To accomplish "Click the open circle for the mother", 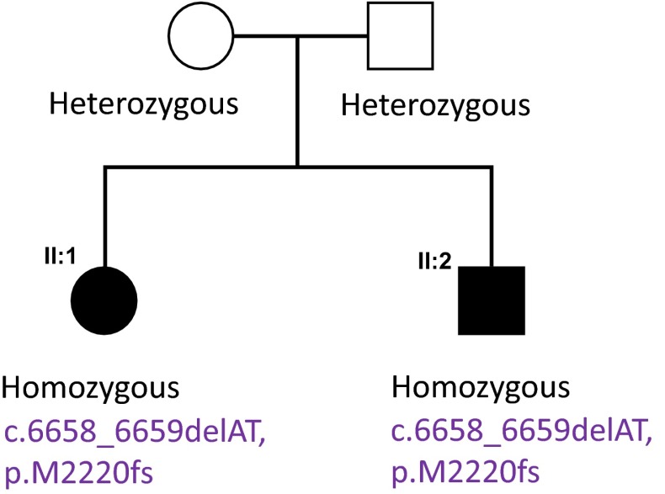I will point(200,36).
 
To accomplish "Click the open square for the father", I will point(400,36).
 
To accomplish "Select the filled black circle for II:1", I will point(104,300).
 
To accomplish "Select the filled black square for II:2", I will point(491,300).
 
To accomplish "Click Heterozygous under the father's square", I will point(435,106).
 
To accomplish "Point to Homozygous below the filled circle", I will point(92,389).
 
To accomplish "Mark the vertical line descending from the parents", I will point(297,101).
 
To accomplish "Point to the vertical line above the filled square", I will point(491,215).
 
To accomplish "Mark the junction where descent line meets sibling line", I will point(297,167).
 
